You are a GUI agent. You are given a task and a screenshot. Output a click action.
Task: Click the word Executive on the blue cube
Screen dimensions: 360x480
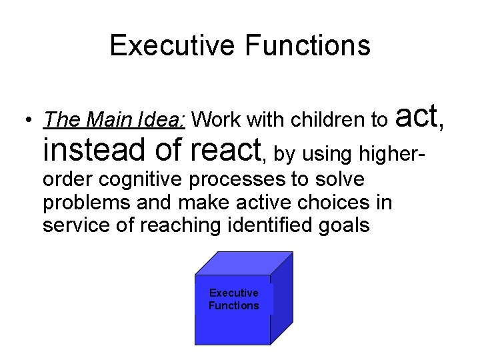click(233, 293)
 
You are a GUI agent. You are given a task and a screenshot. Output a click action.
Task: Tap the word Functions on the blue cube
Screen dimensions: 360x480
click(233, 305)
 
